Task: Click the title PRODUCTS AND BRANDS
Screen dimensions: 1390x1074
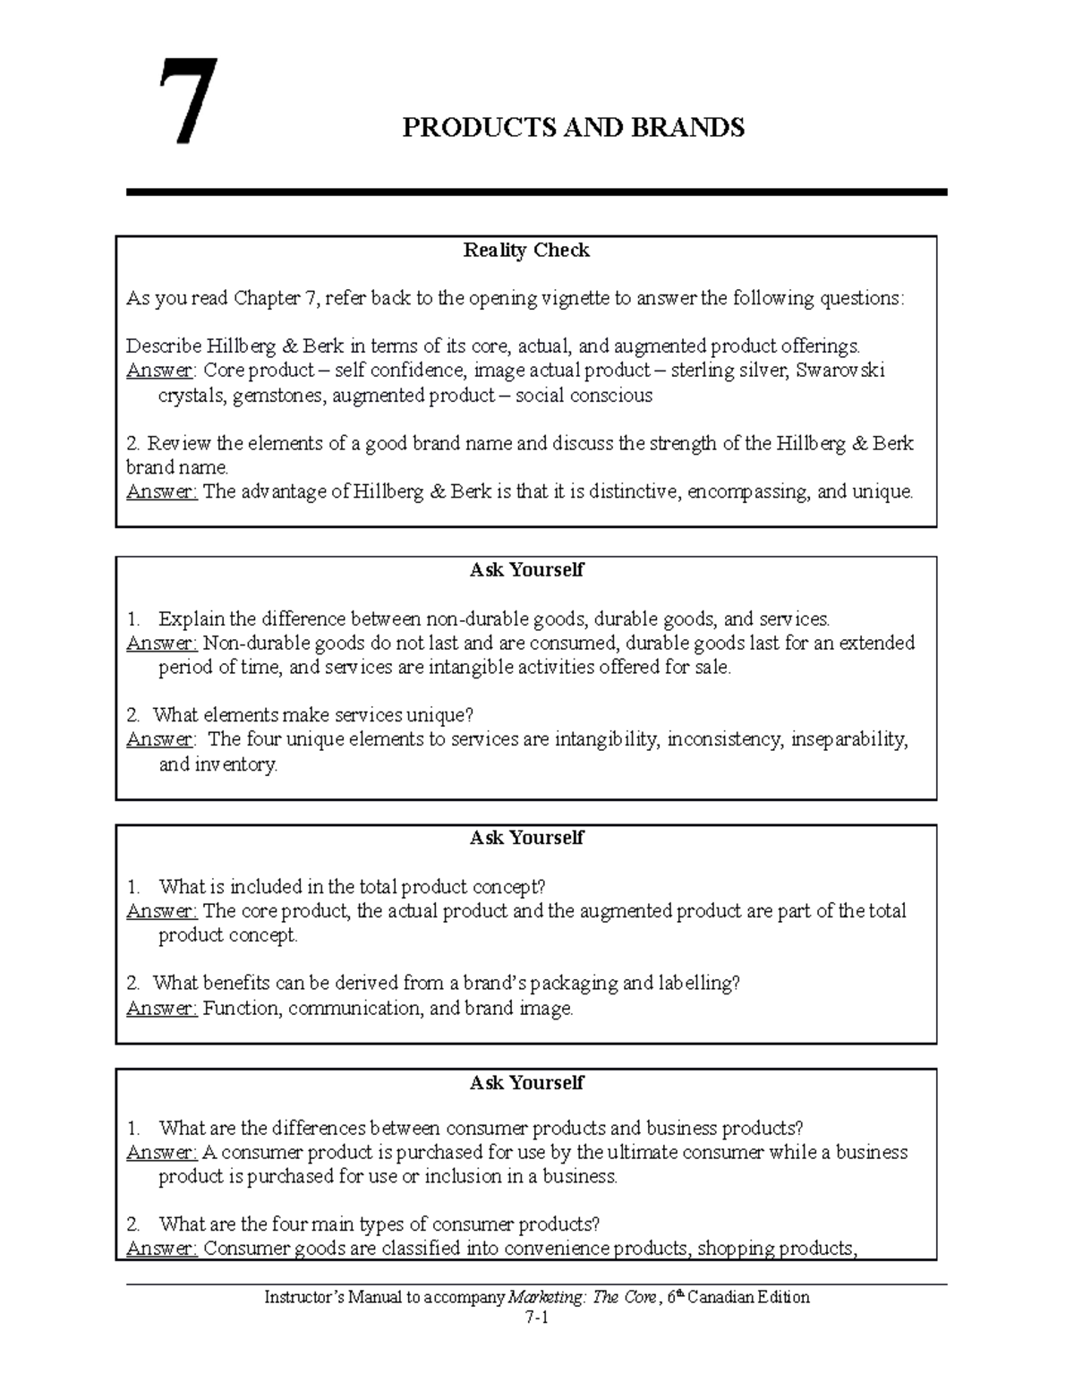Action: pyautogui.click(x=573, y=128)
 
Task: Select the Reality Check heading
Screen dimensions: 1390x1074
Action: pyautogui.click(x=526, y=251)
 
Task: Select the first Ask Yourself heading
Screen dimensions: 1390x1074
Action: pyautogui.click(x=526, y=570)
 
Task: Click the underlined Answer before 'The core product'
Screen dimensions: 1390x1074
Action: pyautogui.click(x=161, y=911)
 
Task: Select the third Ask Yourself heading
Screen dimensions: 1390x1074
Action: pyautogui.click(x=526, y=1083)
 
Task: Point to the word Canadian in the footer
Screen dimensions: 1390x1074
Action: pyautogui.click(x=714, y=1297)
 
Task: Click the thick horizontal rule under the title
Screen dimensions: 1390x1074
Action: pyautogui.click(x=537, y=192)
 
